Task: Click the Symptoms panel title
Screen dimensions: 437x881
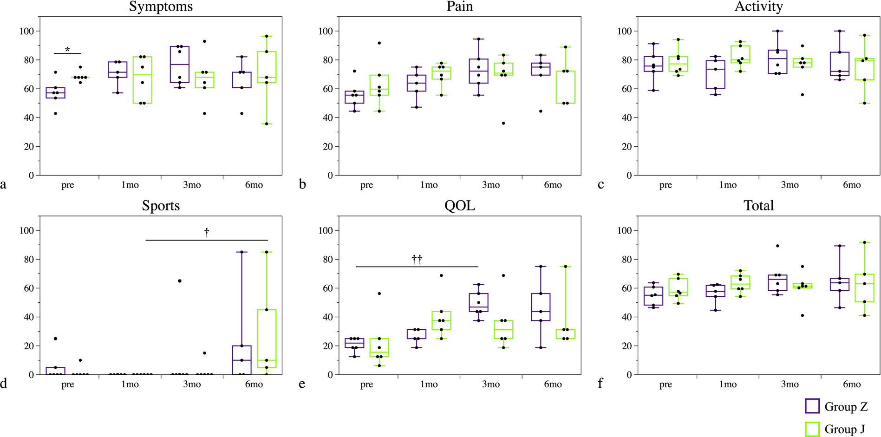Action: [161, 7]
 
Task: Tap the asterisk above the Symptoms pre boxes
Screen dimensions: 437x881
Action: [67, 49]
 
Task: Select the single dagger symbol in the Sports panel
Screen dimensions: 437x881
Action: [207, 232]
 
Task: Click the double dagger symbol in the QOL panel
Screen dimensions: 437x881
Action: [417, 259]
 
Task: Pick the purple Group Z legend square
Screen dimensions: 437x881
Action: [812, 406]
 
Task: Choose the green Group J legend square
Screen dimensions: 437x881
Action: [812, 429]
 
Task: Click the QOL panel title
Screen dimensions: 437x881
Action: [459, 206]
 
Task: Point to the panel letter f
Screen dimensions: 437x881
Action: [600, 383]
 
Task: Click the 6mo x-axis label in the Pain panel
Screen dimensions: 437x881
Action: [553, 185]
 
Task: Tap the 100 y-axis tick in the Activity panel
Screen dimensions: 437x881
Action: [624, 31]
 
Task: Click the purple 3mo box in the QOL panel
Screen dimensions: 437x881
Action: [478, 302]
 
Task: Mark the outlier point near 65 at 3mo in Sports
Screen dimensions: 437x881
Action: [180, 281]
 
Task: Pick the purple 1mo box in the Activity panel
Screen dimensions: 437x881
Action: [715, 74]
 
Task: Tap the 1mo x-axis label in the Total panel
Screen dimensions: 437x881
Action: [728, 384]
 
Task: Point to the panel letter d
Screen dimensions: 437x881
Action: [3, 383]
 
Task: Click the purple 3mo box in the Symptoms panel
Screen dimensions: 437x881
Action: [180, 65]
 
